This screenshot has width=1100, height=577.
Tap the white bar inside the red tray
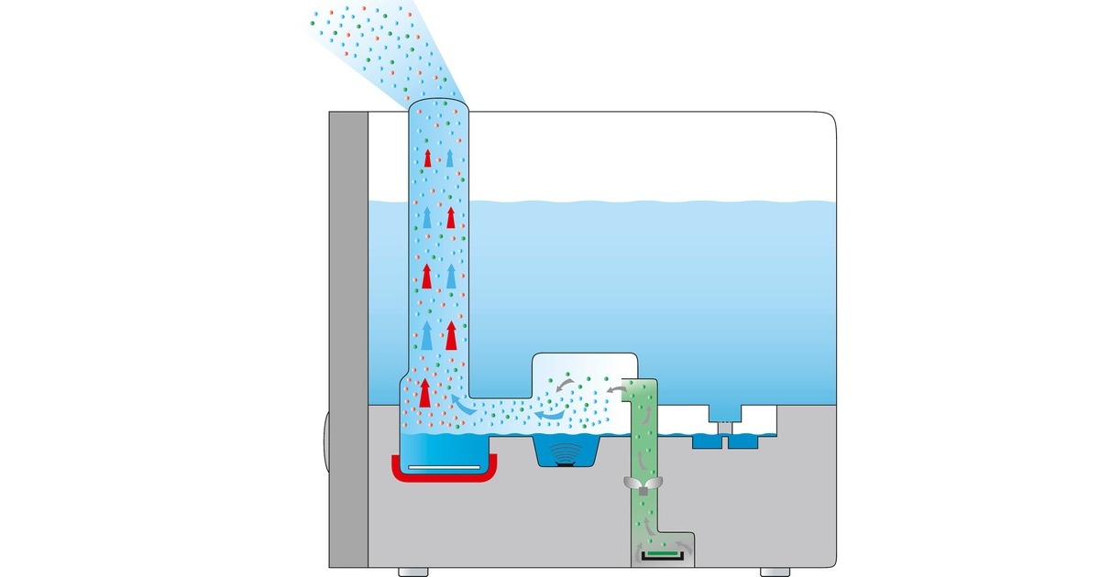coord(443,469)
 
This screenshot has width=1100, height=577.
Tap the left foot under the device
coord(412,572)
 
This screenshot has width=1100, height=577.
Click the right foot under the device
coord(773,572)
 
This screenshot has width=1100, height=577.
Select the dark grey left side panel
coord(348,339)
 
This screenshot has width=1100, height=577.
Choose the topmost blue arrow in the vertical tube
coord(449,157)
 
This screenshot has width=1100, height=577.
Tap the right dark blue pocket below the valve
coord(741,441)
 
